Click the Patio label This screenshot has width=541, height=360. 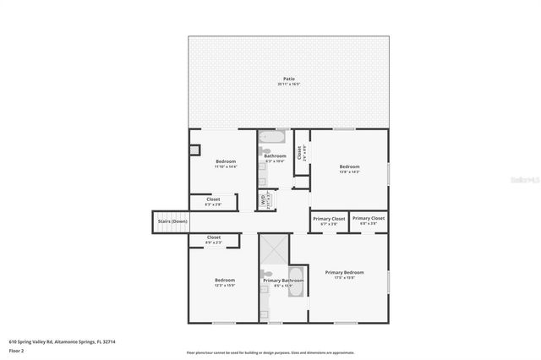[289, 79]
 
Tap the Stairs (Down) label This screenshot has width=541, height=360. [167, 222]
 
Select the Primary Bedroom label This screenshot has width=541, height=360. [344, 272]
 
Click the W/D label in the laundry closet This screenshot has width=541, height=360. [263, 200]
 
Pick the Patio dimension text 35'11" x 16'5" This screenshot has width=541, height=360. [289, 85]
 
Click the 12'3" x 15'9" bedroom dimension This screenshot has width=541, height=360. [224, 285]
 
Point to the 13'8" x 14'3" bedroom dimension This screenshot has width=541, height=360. [350, 172]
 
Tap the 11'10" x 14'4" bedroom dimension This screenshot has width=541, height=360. [225, 166]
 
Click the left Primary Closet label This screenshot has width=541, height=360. [329, 218]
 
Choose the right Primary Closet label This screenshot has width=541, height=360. [368, 218]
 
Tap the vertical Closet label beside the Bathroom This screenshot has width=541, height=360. [299, 152]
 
